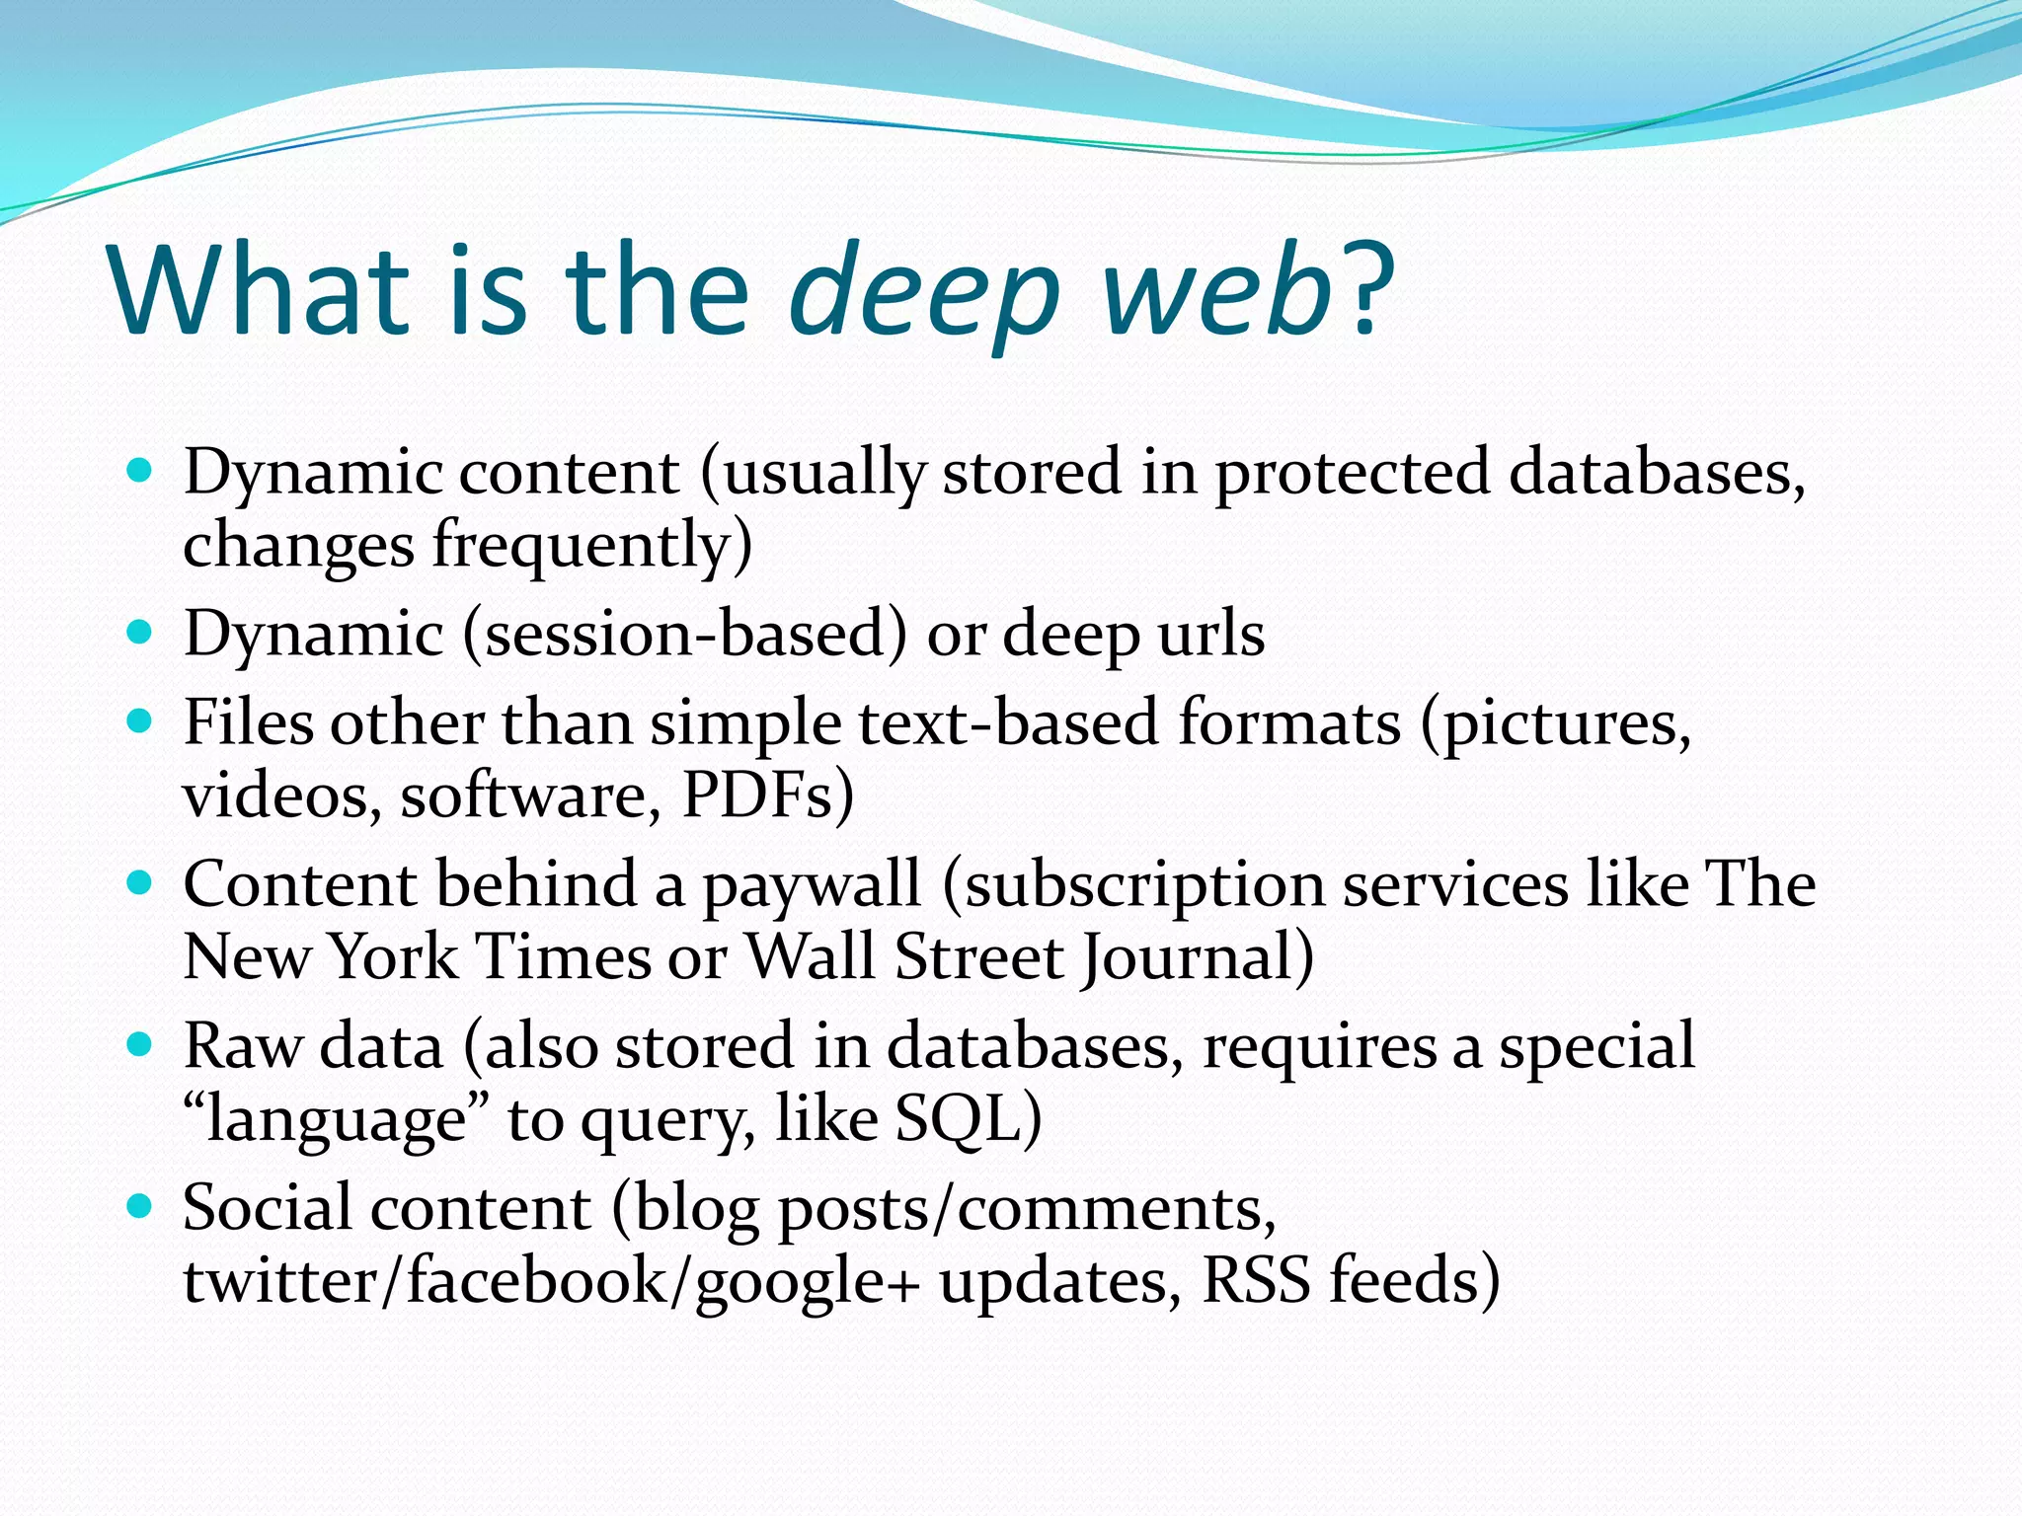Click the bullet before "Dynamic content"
tap(140, 470)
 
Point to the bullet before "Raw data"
tap(140, 1044)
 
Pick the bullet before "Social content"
tap(140, 1206)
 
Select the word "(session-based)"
tap(684, 634)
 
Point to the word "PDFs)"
tap(768, 796)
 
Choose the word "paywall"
tap(811, 886)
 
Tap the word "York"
tap(393, 957)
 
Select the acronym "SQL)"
tap(968, 1120)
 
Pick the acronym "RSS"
tap(1257, 1281)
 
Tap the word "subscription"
tap(1144, 886)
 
